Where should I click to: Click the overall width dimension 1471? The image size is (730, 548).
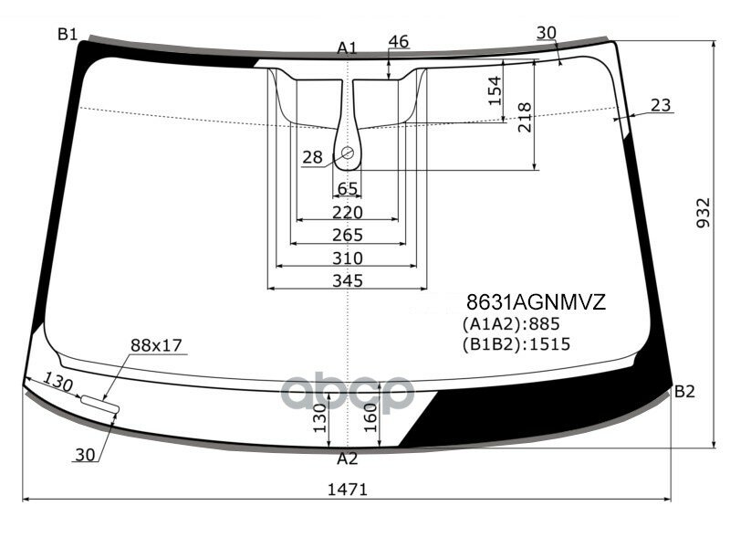coord(347,490)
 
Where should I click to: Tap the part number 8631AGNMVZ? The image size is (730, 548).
coord(536,302)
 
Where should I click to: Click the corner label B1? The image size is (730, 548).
coord(67,36)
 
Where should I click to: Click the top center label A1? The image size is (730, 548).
coord(347,47)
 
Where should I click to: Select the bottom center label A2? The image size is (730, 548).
coord(347,458)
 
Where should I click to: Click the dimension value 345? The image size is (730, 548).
coord(347,280)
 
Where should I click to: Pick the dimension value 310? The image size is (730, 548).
coord(347,258)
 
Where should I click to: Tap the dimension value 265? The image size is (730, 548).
coord(347,236)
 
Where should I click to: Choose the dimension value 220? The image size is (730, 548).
coord(347,212)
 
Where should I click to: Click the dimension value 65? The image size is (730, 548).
coord(348,188)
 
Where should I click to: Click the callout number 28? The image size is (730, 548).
coord(312,158)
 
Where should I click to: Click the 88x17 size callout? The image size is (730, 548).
coord(156,345)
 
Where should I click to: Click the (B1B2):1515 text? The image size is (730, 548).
coord(516,344)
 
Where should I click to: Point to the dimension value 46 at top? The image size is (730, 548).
coord(398,41)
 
